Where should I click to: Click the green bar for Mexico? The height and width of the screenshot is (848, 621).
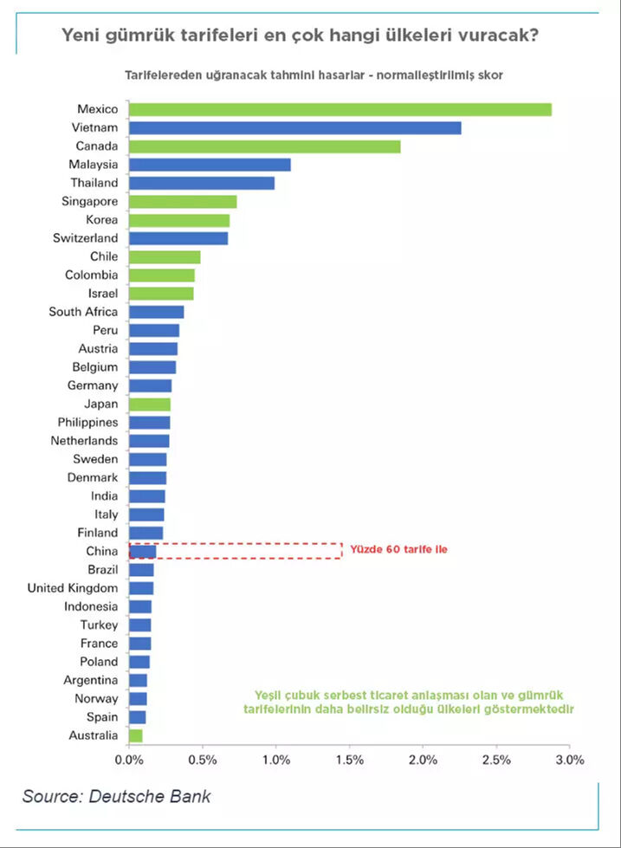coord(340,109)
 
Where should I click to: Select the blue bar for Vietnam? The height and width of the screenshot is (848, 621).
coord(294,128)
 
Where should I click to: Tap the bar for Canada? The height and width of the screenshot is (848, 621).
coord(264,146)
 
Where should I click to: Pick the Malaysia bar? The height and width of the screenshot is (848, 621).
coord(210,165)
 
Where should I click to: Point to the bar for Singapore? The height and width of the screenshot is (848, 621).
coord(183,202)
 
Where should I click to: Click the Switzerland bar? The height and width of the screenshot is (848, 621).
coord(178,238)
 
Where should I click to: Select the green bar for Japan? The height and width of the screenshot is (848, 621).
coord(150,405)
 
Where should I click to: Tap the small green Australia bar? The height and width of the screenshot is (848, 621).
coord(135,736)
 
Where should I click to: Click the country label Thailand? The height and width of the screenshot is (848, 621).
coord(94,184)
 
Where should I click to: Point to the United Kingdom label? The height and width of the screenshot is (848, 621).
coord(73,588)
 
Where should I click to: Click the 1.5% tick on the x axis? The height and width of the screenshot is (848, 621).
coord(349,761)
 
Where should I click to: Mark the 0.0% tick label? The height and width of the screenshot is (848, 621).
coord(128,761)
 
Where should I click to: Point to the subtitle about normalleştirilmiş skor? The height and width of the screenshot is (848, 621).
coord(314,74)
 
